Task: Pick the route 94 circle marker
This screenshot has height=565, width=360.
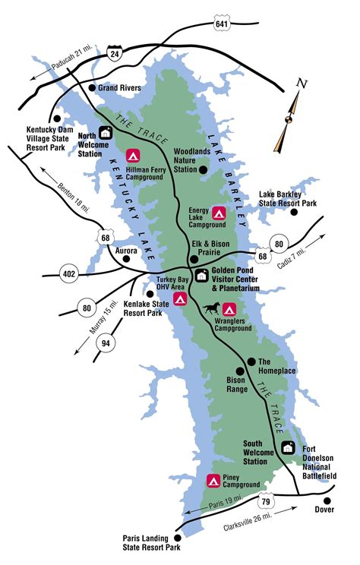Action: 106,342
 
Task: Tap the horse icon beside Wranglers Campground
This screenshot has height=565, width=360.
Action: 212,308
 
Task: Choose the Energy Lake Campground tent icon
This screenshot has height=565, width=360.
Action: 219,213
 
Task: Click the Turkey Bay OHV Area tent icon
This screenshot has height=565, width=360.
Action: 180,298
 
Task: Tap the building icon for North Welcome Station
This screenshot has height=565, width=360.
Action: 106,133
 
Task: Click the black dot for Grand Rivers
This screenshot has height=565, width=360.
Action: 93,88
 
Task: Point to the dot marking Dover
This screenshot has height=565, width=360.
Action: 327,500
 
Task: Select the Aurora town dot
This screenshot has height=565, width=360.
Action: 127,259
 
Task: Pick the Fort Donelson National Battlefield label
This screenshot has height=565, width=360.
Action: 318,460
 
